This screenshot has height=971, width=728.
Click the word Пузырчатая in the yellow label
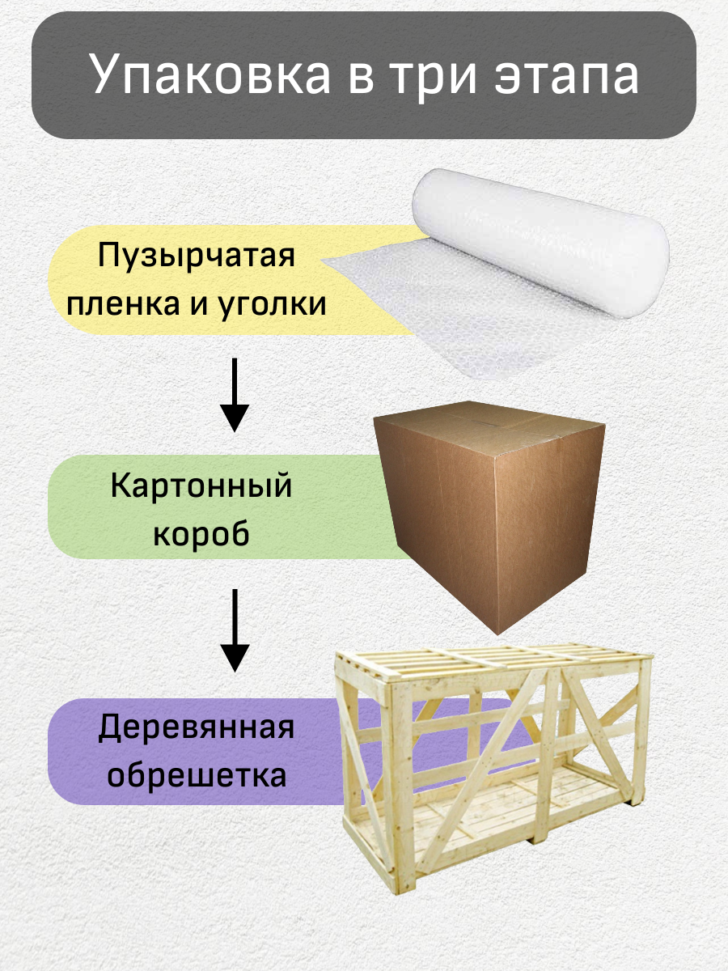coord(196,257)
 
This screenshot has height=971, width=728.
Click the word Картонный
coord(201,487)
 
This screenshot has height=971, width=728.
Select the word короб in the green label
coord(201,534)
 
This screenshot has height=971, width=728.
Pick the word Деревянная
coord(196,728)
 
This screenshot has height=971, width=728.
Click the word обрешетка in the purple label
coord(197,775)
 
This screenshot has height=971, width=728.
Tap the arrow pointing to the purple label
coord(235,631)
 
